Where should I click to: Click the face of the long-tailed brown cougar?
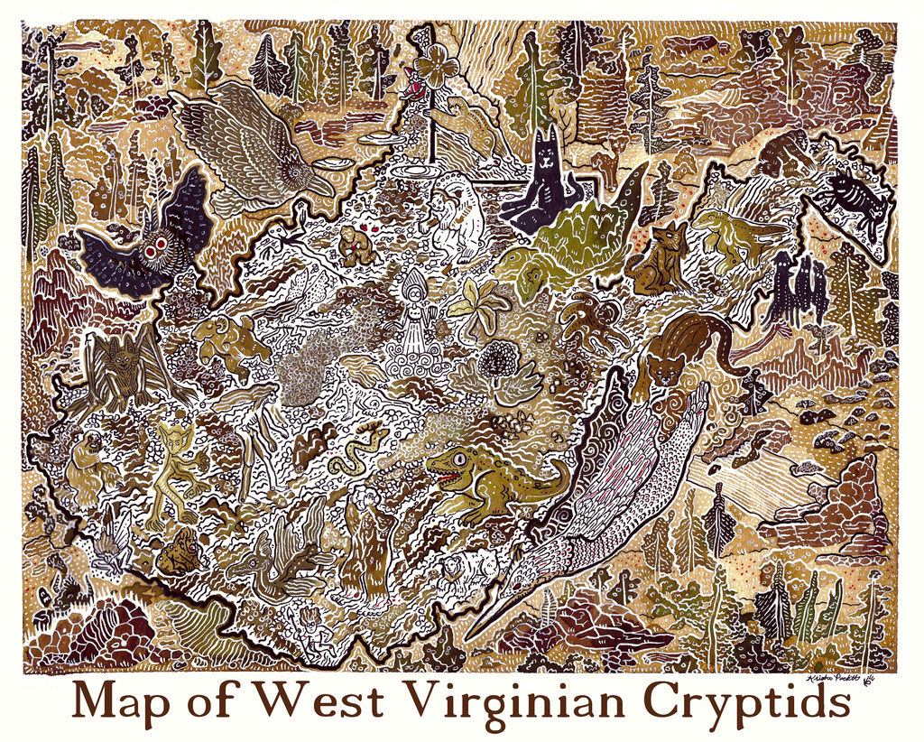pos(663,369)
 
